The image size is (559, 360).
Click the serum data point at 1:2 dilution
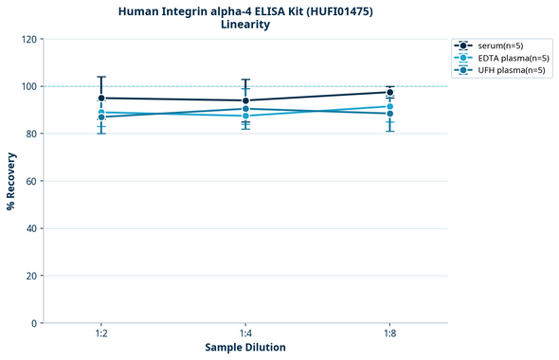tap(101, 98)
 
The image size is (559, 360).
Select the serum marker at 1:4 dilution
tap(245, 100)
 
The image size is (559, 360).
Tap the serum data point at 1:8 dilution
tap(389, 92)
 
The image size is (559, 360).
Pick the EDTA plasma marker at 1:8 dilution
tap(389, 106)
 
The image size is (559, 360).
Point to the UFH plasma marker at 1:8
tap(389, 114)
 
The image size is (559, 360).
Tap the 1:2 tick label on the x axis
tap(101, 334)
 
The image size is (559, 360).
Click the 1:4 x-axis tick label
tap(245, 334)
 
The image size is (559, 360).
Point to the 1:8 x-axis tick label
tap(389, 334)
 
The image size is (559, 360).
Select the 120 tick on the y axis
tap(28, 39)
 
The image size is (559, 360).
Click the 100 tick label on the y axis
tap(28, 86)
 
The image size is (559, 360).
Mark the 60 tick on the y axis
tap(31, 181)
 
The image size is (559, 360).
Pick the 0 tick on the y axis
tap(34, 323)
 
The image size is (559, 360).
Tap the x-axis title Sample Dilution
tap(245, 348)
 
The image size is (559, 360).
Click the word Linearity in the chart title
tap(245, 25)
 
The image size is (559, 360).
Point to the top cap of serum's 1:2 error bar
tap(101, 77)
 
